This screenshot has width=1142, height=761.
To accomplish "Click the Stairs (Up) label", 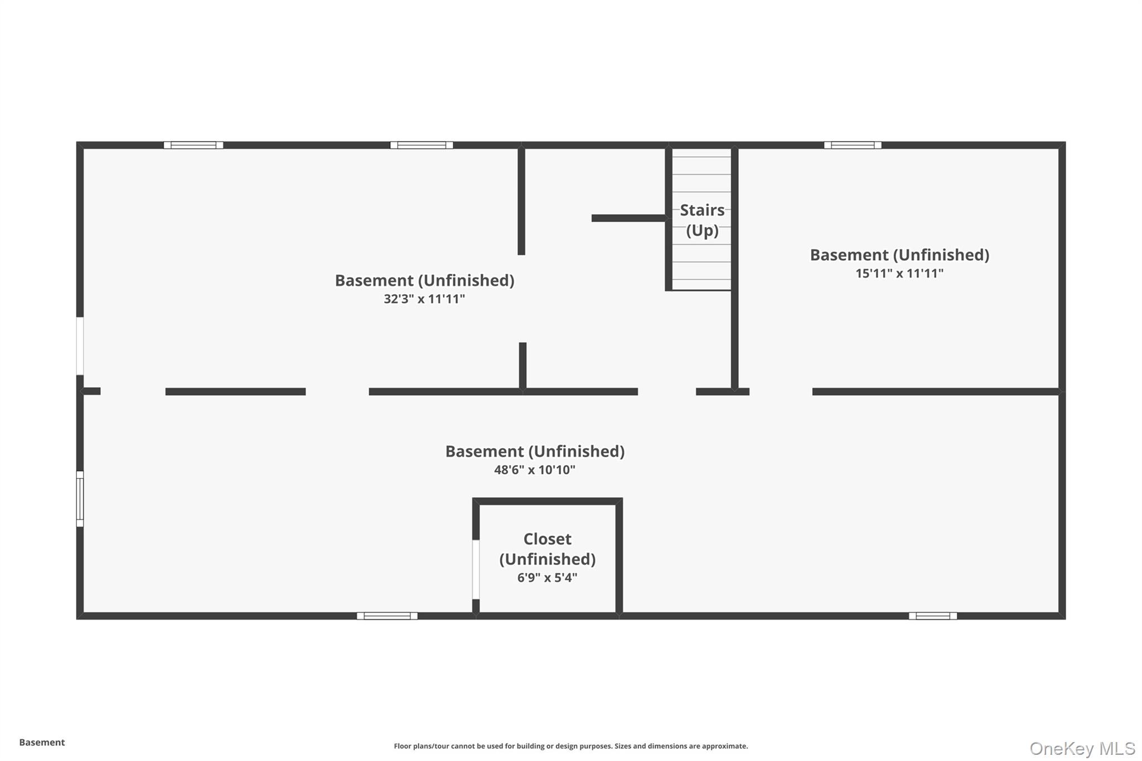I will click(x=702, y=220).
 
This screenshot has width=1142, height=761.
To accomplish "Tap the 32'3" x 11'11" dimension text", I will click(x=424, y=299).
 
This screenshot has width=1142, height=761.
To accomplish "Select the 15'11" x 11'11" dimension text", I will click(x=899, y=273).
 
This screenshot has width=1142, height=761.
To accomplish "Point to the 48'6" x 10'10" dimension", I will click(x=534, y=470).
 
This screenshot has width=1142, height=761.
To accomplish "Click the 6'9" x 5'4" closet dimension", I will click(x=547, y=578).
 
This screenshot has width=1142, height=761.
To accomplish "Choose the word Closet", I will click(x=547, y=539).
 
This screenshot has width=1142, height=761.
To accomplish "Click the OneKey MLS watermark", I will click(x=1082, y=748).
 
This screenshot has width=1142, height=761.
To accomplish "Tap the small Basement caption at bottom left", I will click(x=42, y=743).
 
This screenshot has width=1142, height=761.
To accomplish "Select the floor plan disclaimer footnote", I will click(x=570, y=746).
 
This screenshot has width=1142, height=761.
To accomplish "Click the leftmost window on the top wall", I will click(x=193, y=145).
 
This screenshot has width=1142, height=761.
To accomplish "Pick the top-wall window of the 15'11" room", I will click(x=853, y=145).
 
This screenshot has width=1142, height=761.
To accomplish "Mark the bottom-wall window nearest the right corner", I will click(x=932, y=616).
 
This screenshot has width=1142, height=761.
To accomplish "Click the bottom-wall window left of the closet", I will click(x=387, y=616).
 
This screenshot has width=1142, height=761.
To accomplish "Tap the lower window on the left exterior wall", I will click(x=80, y=499).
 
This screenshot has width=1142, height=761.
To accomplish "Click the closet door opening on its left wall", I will click(x=476, y=569).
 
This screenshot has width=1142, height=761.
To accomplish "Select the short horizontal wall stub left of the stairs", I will click(x=628, y=218).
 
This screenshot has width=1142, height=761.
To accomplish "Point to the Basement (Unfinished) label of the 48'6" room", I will click(x=534, y=451).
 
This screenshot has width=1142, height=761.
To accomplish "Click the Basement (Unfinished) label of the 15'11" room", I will click(x=899, y=255).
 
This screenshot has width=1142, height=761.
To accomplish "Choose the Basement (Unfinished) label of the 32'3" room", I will click(x=424, y=280).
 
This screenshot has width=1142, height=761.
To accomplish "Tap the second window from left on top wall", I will click(x=421, y=145).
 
